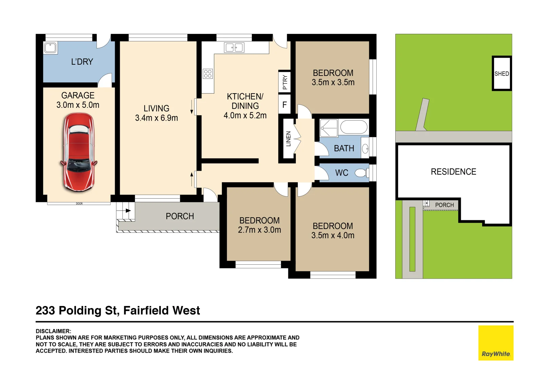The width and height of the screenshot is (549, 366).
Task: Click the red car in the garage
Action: pyautogui.click(x=79, y=152)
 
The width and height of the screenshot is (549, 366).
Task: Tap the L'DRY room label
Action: pyautogui.click(x=82, y=62)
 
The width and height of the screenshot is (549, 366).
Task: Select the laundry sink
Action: pyautogui.click(x=51, y=48)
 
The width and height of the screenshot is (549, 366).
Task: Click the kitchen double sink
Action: pyautogui.click(x=234, y=47)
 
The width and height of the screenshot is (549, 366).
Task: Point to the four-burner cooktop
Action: pyautogui.click(x=208, y=74)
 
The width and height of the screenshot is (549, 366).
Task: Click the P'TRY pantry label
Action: pyautogui.click(x=285, y=82)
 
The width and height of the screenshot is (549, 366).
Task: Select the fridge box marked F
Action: pyautogui.click(x=284, y=105)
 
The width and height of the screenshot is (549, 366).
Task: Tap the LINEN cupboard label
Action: pyautogui.click(x=288, y=139)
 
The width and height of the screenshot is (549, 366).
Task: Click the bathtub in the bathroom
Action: pyautogui.click(x=354, y=127)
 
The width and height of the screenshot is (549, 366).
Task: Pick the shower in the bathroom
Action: pyautogui.click(x=328, y=128)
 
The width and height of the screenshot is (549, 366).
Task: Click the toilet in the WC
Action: pyautogui.click(x=361, y=173)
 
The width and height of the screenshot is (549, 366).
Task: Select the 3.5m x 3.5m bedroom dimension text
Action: pyautogui.click(x=333, y=82)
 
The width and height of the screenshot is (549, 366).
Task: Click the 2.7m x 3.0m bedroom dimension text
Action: pyautogui.click(x=259, y=230)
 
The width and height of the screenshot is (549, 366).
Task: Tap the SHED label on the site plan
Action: pyautogui.click(x=501, y=74)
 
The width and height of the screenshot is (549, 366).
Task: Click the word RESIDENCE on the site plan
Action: pyautogui.click(x=453, y=172)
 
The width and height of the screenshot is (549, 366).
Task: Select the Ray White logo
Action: pyautogui.click(x=496, y=343)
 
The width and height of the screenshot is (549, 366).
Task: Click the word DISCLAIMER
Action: pyautogui.click(x=53, y=331)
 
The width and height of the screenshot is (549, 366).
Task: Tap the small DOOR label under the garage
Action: pyautogui.click(x=79, y=204)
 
